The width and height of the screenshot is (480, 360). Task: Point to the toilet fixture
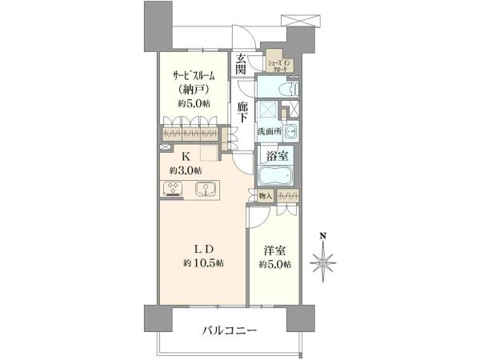pos(290,90)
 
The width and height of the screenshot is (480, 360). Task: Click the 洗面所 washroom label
pos(268,132)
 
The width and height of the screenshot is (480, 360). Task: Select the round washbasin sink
pos(291,131)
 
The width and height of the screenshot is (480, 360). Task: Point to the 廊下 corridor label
pos(243,112)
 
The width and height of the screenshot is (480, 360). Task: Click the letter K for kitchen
pos(185,157)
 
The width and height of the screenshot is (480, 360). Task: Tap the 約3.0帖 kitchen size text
pos(186,170)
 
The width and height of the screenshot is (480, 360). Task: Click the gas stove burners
pos(173,190)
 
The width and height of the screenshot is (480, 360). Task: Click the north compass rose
pos(323,261)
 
